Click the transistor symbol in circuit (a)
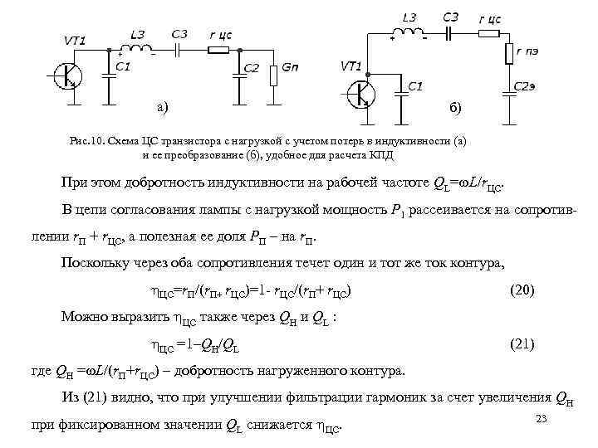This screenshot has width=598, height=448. click(x=66, y=76)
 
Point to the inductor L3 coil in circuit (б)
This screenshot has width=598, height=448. click(x=409, y=33)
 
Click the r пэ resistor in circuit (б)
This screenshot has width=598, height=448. click(x=509, y=54)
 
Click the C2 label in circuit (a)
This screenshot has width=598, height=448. click(x=252, y=67)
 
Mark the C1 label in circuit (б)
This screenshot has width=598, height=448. click(x=414, y=85)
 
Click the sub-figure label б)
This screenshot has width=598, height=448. click(x=458, y=109)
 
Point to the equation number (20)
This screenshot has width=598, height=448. click(x=522, y=290)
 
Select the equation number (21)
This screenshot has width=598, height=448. click(x=522, y=343)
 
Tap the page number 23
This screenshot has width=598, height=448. click(x=543, y=418)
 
